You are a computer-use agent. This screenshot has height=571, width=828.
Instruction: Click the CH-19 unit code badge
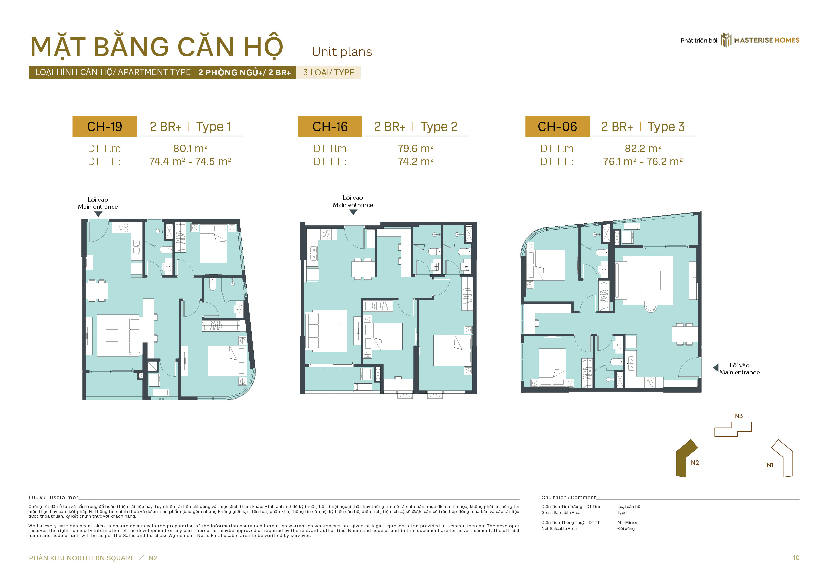coord(104,126)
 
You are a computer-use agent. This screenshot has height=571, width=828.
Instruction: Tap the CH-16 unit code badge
coord(330,126)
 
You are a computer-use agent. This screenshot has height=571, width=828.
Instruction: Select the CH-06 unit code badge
coord(557,126)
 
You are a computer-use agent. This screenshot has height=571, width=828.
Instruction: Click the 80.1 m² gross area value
coord(190,148)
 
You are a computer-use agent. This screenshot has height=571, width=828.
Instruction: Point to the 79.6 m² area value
coord(416,148)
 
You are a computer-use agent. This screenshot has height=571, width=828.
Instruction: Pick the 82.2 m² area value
coord(643,148)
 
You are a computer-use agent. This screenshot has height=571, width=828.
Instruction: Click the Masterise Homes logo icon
coord(726,40)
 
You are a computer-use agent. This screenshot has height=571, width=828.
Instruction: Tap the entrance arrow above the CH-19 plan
coord(98,214)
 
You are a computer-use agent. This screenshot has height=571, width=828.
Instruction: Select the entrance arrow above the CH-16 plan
coord(353,212)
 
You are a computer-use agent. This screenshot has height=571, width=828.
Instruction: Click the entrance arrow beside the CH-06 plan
coord(716,367)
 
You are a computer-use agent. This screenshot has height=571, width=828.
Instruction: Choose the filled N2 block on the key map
coord(686,459)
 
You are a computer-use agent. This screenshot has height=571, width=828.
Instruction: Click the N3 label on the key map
coord(739,416)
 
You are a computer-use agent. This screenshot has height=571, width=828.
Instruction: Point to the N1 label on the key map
coord(770,465)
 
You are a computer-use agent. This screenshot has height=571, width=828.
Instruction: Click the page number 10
coord(796,558)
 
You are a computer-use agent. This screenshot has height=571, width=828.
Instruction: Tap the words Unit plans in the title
coord(342,52)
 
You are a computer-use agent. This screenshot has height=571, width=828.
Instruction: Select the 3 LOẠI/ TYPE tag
coord(329,72)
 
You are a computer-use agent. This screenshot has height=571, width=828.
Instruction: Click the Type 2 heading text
coord(439,127)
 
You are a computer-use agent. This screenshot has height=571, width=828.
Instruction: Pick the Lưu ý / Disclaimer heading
coord(54,497)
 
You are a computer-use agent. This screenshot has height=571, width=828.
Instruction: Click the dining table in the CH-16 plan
coord(363,269)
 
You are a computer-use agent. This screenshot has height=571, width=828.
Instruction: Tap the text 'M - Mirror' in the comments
coord(627,522)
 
